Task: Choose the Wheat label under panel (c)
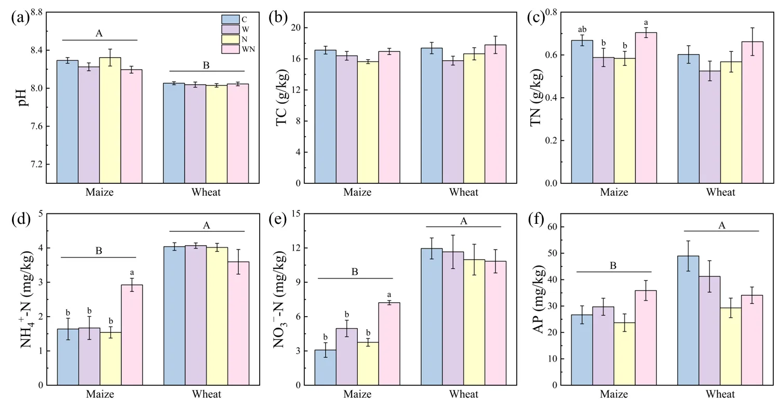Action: coord(720,193)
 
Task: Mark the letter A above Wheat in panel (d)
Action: coord(206,225)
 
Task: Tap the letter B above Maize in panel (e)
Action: coord(355,272)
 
